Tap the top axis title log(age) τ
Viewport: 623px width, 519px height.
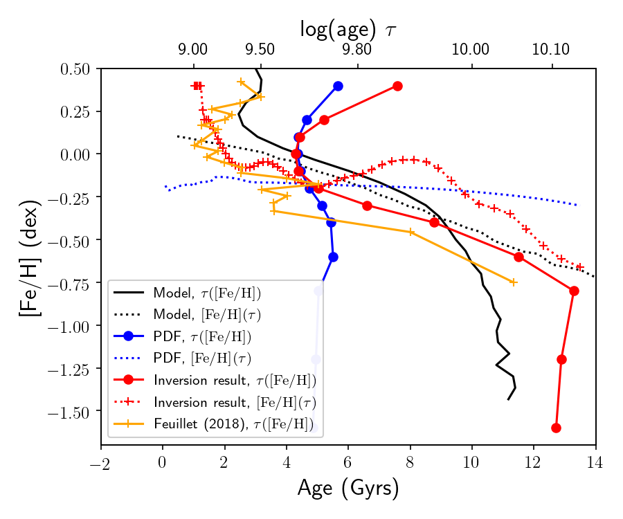point(348,28)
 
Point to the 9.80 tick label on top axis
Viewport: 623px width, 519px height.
point(358,50)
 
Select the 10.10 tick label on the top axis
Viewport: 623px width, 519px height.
point(552,50)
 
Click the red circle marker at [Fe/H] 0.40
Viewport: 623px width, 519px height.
point(397,86)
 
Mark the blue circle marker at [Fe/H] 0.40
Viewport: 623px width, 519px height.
point(338,86)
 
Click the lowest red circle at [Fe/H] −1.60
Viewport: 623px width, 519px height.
point(556,428)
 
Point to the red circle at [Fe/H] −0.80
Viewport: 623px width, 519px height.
point(574,291)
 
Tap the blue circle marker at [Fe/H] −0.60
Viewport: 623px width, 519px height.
point(333,257)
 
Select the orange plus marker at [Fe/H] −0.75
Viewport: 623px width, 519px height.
point(513,282)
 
